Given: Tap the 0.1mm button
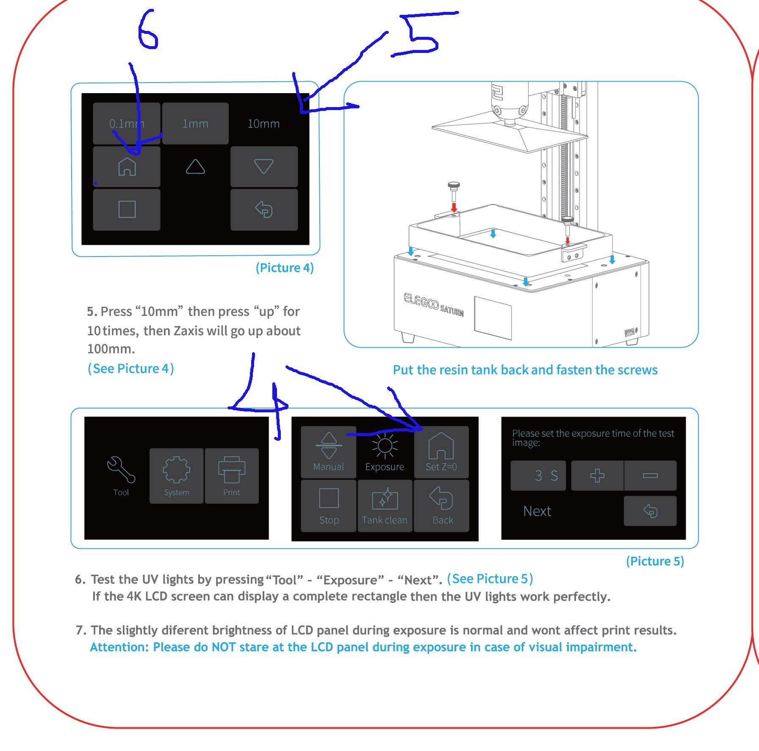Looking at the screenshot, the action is [x=127, y=123].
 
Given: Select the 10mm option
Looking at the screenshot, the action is [x=263, y=124].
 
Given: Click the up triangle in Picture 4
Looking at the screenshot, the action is [x=195, y=166].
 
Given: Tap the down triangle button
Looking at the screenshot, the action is [x=264, y=166].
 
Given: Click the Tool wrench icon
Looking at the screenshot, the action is [x=121, y=469].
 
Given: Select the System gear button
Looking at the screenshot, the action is [x=177, y=475].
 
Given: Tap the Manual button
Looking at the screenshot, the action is [x=329, y=452].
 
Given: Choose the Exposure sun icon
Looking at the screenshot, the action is [x=385, y=446].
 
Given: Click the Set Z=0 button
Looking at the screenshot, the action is [x=441, y=452].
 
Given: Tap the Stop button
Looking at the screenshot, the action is [x=329, y=506].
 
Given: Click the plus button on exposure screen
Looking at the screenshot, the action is [x=597, y=475].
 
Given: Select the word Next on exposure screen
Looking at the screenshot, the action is [x=537, y=511].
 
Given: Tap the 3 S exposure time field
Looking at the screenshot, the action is [x=538, y=475].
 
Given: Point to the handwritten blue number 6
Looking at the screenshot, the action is [x=148, y=29].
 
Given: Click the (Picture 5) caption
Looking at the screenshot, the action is [x=655, y=561].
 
